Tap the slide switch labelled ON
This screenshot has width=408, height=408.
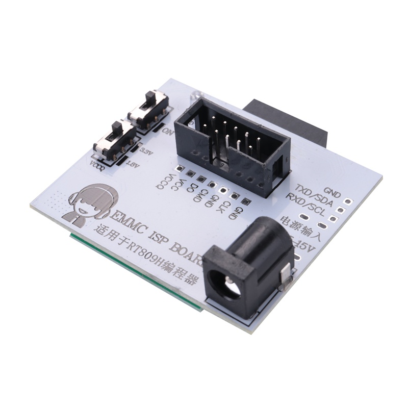coord(149,109)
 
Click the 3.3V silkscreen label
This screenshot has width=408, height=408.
coord(146,152)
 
